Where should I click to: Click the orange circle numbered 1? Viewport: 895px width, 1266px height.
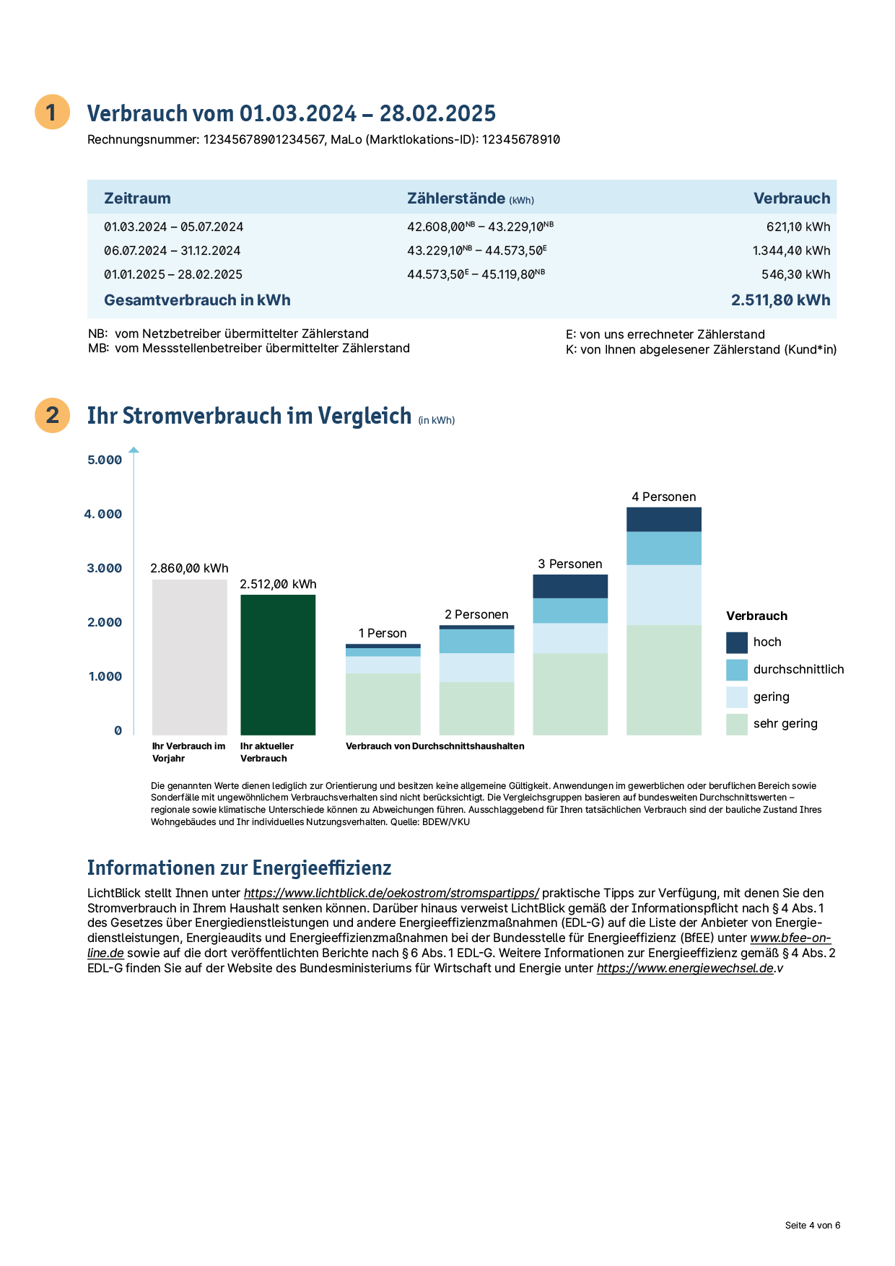53,112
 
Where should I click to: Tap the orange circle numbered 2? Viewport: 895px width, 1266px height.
53,415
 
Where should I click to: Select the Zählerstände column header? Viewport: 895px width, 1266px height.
471,198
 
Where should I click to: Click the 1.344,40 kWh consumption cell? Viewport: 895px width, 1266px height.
791,250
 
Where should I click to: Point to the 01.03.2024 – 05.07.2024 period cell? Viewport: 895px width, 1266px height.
174,227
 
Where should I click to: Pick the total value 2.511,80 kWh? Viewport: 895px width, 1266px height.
781,300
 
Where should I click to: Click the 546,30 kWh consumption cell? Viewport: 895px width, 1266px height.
796,274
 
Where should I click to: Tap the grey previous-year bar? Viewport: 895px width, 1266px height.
190,658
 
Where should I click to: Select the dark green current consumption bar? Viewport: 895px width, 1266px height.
278,665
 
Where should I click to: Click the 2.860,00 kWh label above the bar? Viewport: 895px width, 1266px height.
189,568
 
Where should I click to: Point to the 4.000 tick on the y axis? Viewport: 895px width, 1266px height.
103,514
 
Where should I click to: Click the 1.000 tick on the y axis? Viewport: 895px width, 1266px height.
105,676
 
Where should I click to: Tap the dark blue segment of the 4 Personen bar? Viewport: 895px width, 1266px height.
664,520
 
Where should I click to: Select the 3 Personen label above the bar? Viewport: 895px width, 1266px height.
570,564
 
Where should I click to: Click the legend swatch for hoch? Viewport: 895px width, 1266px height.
737,642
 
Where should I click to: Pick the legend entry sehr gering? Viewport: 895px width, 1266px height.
772,724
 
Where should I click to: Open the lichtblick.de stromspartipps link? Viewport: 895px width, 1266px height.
391,893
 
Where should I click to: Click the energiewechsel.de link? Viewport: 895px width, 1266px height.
685,968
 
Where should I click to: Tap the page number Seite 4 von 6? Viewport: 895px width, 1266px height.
813,1225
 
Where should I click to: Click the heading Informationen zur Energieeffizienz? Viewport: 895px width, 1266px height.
240,868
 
